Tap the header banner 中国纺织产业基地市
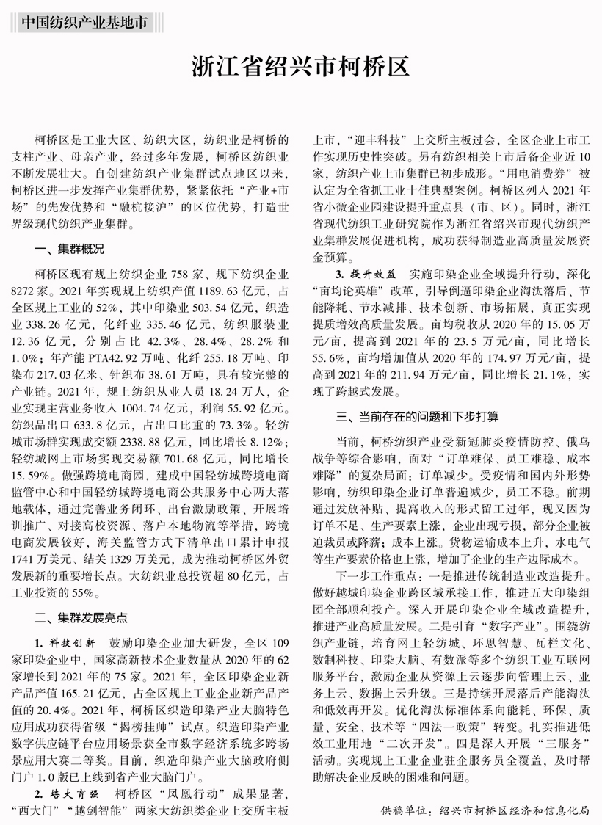tap(82, 22)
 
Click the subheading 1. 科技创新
tap(65, 642)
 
